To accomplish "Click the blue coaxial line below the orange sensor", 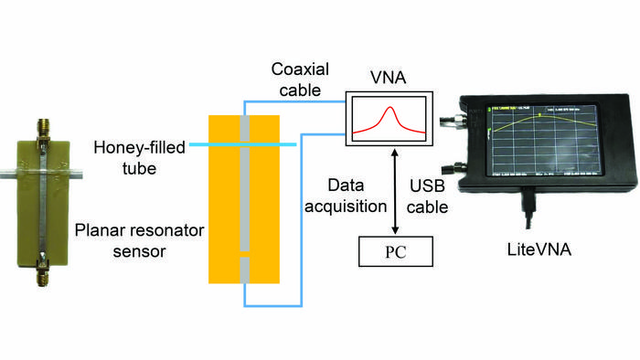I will click(274, 304).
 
